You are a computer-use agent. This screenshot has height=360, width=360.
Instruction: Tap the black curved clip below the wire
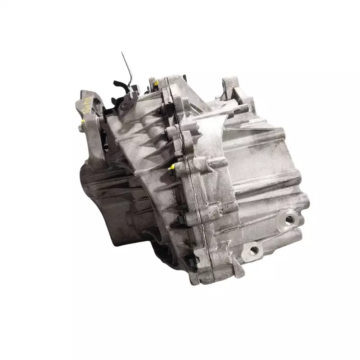tap(120, 85)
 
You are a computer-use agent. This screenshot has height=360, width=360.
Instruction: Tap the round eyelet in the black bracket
tap(124, 106)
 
